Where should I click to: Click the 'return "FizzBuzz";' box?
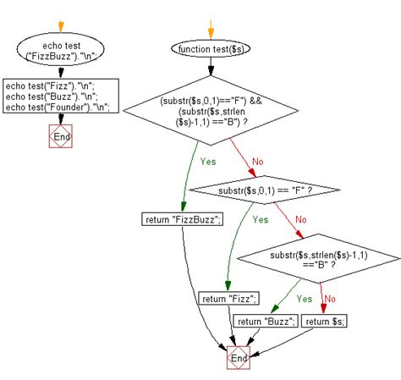[x=183, y=220]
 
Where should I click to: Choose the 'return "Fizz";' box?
[x=229, y=298]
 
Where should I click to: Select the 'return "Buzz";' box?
[x=265, y=321]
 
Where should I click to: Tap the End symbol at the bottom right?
[x=239, y=358]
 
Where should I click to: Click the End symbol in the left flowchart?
[x=61, y=136]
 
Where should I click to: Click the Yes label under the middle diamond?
[x=260, y=219]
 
